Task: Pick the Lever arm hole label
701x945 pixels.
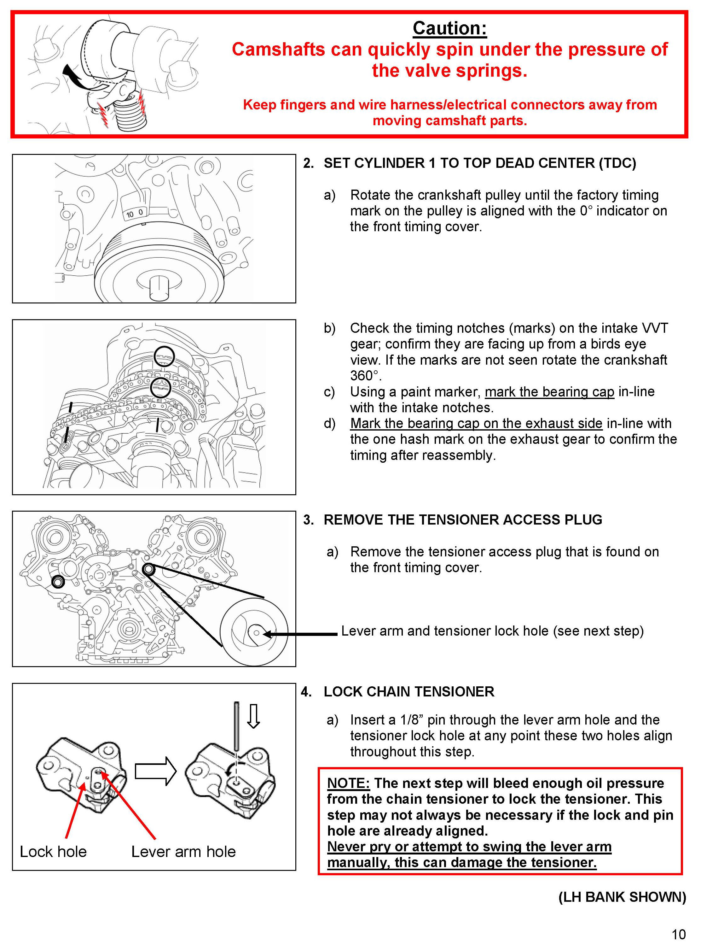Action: (183, 851)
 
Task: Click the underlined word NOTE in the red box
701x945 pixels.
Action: (348, 783)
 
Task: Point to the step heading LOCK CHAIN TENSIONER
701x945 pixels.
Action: (408, 691)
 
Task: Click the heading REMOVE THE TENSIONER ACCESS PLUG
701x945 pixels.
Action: (462, 519)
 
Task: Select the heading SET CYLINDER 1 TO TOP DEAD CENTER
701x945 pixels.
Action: (479, 163)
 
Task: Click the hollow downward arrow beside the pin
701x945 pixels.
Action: (253, 716)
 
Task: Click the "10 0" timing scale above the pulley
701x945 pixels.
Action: (135, 213)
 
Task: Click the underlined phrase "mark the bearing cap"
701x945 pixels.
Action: (549, 391)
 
